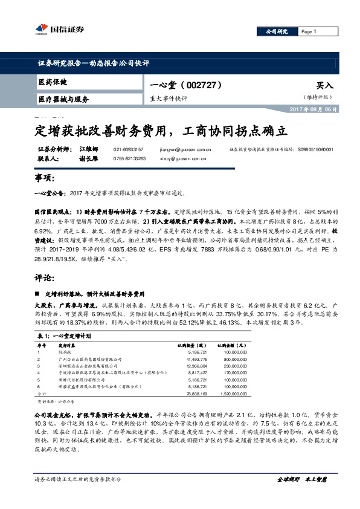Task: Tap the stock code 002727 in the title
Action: point(205,85)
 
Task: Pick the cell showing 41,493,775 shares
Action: point(194,359)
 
